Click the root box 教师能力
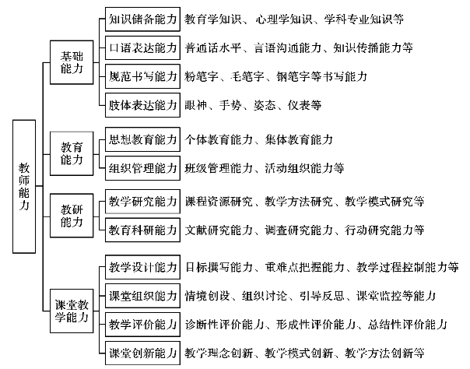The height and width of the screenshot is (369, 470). point(25,185)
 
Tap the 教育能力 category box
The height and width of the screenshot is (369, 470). point(76,152)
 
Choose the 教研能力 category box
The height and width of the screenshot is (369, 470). point(76,215)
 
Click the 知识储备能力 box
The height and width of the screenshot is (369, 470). point(143,17)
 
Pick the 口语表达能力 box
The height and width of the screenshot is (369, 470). point(143,47)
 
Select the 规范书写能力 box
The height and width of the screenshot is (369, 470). point(143,76)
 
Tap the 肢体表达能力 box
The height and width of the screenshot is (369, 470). point(143,104)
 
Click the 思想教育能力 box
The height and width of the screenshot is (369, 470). point(143,139)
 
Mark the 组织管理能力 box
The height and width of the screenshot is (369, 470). point(143,167)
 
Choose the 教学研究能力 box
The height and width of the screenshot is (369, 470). point(143,202)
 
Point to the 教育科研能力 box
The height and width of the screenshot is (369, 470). point(143,230)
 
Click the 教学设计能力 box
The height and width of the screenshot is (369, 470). point(143,268)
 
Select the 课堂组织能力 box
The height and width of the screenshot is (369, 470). point(143,296)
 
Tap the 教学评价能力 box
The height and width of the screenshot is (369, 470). point(143,324)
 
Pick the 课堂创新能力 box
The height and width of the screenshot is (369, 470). point(143,352)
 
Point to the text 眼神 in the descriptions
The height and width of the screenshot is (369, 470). point(197,104)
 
